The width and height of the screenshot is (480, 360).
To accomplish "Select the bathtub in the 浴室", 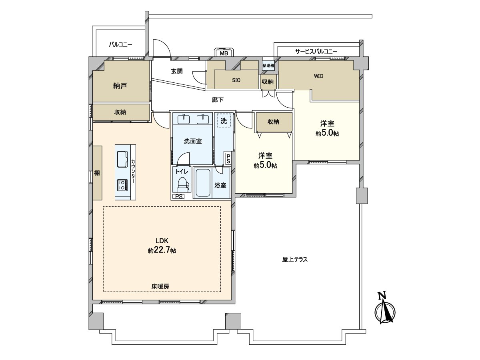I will pyautogui.click(x=203, y=183).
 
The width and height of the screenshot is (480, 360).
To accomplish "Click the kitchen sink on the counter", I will pyautogui.click(x=122, y=160).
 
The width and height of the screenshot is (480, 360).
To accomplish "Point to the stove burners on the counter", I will pyautogui.click(x=122, y=185).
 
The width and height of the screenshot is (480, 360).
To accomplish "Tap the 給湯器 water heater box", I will pyautogui.click(x=268, y=65).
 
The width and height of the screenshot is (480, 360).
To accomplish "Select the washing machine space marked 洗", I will pyautogui.click(x=224, y=120).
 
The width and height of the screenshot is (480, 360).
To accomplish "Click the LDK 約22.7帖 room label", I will pyautogui.click(x=162, y=246).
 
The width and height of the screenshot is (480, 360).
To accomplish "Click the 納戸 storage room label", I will pyautogui.click(x=120, y=86).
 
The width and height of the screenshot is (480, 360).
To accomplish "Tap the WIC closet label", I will pyautogui.click(x=318, y=76).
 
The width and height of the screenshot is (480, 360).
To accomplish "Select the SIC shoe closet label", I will pyautogui.click(x=236, y=80).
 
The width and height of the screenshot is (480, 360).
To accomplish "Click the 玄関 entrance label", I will pyautogui.click(x=177, y=71).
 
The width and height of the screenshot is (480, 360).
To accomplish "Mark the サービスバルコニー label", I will pyautogui.click(x=316, y=52).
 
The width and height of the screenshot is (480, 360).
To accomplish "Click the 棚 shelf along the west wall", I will pyautogui.click(x=97, y=173).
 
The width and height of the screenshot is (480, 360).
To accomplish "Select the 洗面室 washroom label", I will pyautogui.click(x=192, y=141).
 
